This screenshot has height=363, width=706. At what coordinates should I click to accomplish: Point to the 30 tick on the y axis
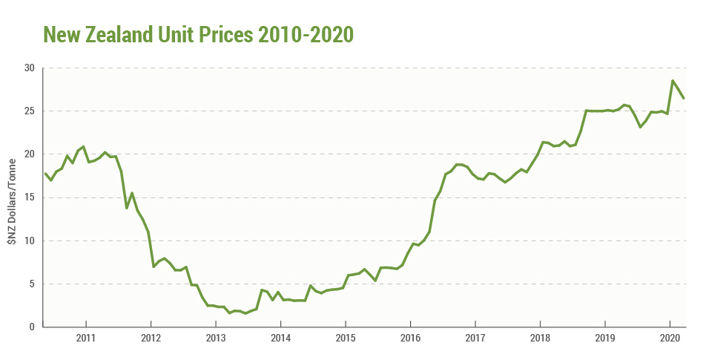pyautogui.click(x=30, y=68)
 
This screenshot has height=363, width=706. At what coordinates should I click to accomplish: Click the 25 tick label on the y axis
pyautogui.click(x=30, y=111)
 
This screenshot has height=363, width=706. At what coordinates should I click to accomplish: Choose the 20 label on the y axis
pyautogui.click(x=30, y=154)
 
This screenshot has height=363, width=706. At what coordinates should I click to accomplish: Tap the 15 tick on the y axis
pyautogui.click(x=30, y=197)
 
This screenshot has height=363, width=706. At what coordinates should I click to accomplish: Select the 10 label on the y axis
pyautogui.click(x=30, y=241)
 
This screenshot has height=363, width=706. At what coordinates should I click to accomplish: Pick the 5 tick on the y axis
pyautogui.click(x=33, y=284)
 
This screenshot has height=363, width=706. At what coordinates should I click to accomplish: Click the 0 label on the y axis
pyautogui.click(x=33, y=327)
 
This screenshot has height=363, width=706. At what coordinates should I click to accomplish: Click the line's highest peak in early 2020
pyautogui.click(x=673, y=80)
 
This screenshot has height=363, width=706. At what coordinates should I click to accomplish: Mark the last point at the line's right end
pyautogui.click(x=684, y=98)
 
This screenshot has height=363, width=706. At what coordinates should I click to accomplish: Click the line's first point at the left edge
pyautogui.click(x=45, y=174)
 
